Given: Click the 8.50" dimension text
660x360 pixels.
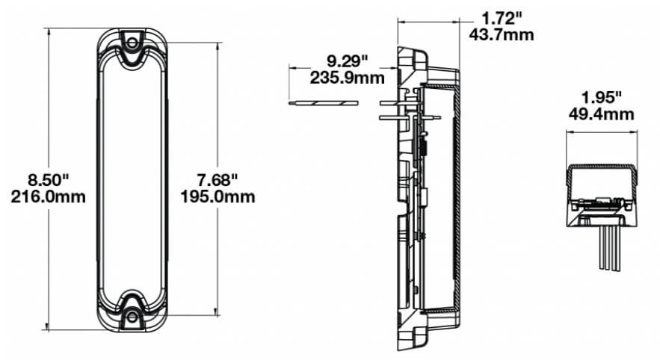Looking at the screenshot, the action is [x=48, y=181].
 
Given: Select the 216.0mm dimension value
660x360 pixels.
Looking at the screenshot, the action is [x=48, y=196].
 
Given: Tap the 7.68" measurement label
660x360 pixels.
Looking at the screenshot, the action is [x=218, y=181].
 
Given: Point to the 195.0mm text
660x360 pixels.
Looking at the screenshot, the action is [x=218, y=196].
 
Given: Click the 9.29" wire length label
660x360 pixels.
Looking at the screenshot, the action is [x=348, y=61].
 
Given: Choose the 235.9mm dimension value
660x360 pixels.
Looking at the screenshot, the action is [x=348, y=78].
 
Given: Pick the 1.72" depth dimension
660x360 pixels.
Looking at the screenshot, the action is [x=502, y=19].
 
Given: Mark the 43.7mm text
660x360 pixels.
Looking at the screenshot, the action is [x=502, y=34].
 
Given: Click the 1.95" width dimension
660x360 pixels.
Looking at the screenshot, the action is [x=601, y=98].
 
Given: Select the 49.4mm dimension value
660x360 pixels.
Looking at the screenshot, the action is [x=601, y=114].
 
